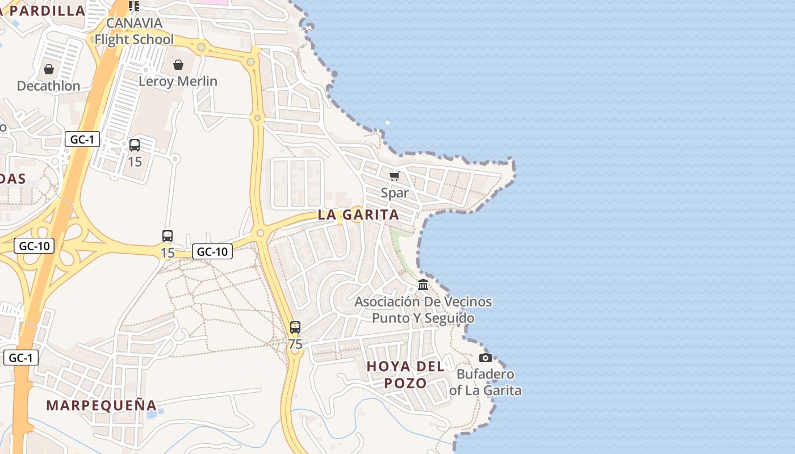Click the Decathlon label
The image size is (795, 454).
pyautogui.click(x=48, y=86)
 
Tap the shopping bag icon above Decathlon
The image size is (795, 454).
pyautogui.click(x=49, y=69)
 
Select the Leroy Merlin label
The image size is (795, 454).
pyautogui.click(x=178, y=81)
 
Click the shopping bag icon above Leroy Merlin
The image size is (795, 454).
pyautogui.click(x=178, y=65)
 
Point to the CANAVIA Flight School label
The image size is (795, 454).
pyautogui.click(x=134, y=31)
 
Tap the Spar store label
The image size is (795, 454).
pyautogui.click(x=395, y=193)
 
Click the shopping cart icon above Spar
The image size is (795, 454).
pyautogui.click(x=395, y=176)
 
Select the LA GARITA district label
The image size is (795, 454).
pyautogui.click(x=358, y=215)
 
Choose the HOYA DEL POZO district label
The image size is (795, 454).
pyautogui.click(x=405, y=375)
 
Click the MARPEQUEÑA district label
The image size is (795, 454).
pyautogui.click(x=101, y=405)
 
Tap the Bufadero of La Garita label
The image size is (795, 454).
pyautogui.click(x=486, y=382)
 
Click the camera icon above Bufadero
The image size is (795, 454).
pyautogui.click(x=485, y=358)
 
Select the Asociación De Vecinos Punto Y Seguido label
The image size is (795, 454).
pyautogui.click(x=423, y=310)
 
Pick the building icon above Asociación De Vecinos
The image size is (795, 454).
pyautogui.click(x=423, y=284)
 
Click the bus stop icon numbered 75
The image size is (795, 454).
pyautogui.click(x=295, y=327)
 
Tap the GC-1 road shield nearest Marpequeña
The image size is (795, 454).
pyautogui.click(x=21, y=358)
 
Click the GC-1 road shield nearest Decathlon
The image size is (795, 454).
pyautogui.click(x=82, y=139)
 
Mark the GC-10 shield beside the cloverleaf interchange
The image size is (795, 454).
pyautogui.click(x=34, y=246)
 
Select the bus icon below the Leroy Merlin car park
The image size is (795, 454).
pyautogui.click(x=135, y=145)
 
